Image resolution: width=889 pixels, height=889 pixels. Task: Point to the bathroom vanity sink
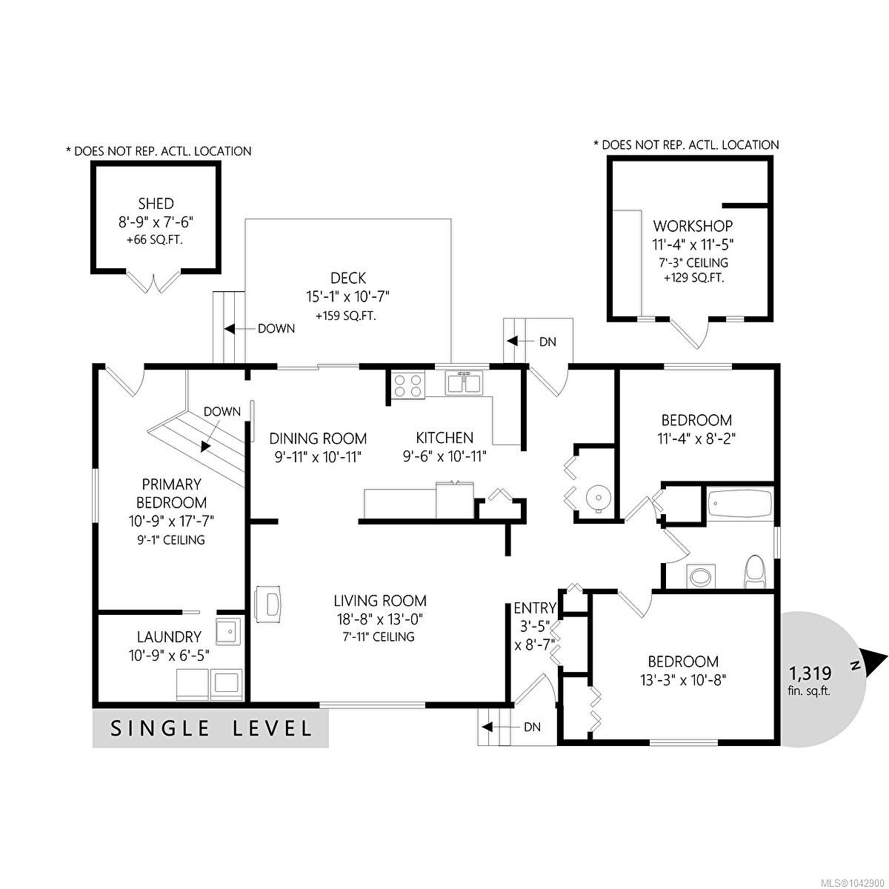[701, 576]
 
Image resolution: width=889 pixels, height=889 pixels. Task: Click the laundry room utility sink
[228, 631]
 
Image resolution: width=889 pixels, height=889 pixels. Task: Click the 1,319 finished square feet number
[810, 673]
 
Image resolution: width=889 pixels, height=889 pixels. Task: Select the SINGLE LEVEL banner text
[211, 728]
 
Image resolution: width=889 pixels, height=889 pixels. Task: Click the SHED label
[156, 204]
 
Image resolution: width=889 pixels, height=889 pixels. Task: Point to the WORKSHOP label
[693, 226]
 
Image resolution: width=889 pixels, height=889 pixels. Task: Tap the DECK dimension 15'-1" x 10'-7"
[348, 296]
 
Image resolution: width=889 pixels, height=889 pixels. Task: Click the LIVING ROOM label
[380, 601]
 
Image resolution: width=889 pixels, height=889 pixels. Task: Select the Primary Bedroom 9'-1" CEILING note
[171, 540]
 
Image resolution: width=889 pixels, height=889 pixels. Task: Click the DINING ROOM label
[318, 438]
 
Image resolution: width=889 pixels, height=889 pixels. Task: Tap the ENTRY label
[535, 608]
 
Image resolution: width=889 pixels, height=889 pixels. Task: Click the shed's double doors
[153, 281]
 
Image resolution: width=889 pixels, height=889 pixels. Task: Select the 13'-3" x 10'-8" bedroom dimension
[683, 680]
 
